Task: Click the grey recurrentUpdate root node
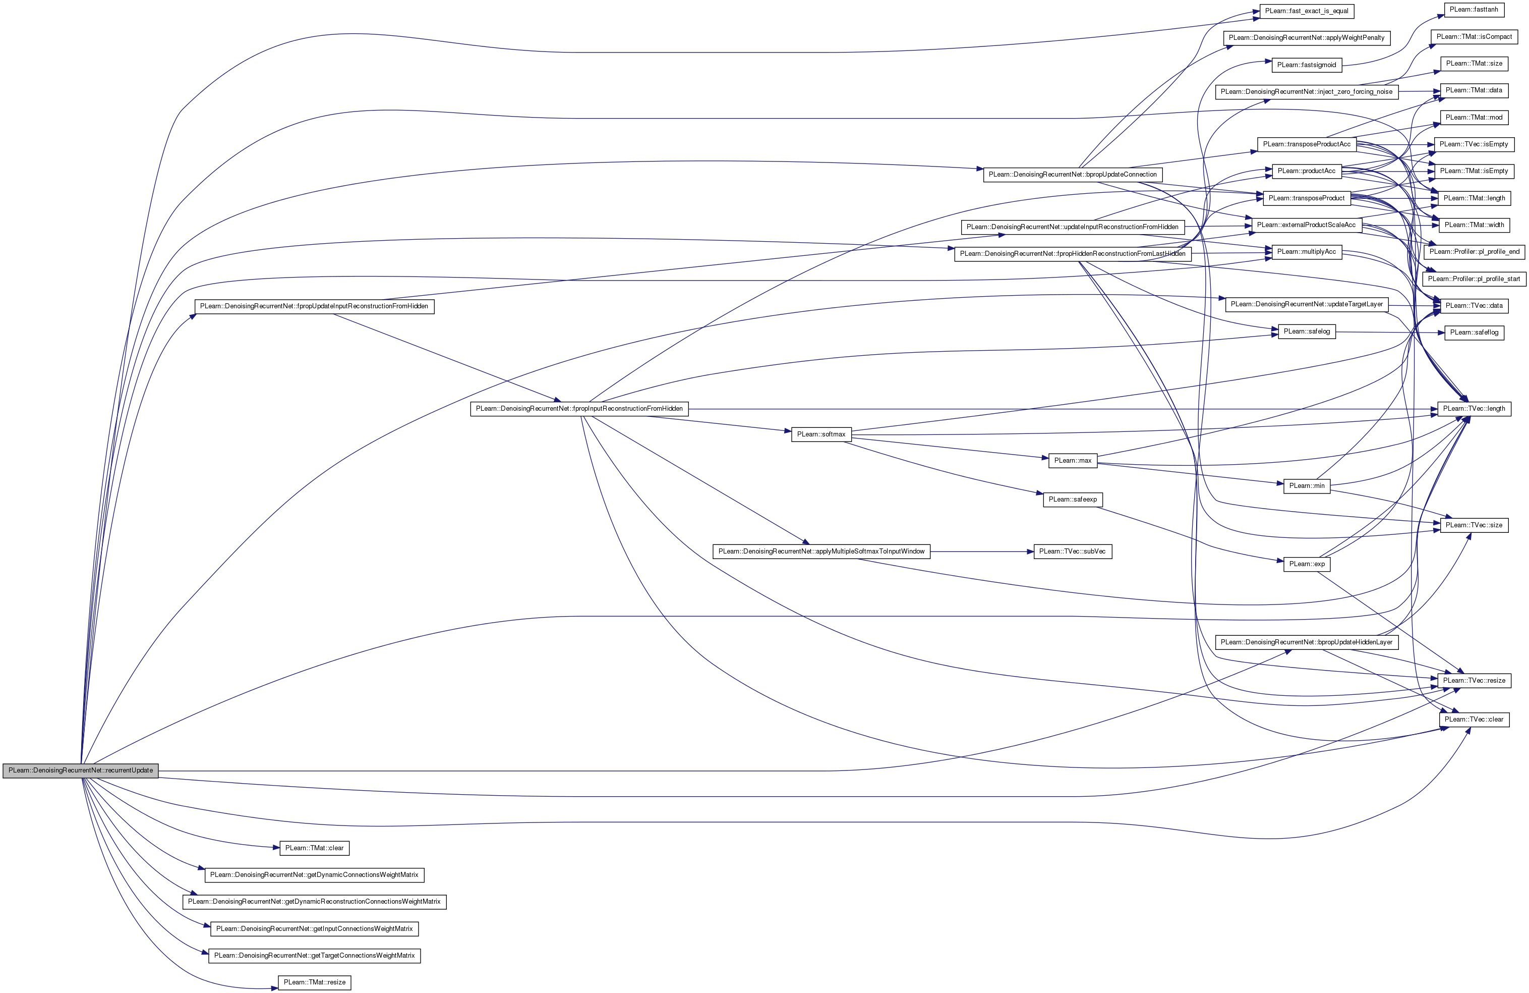pyautogui.click(x=80, y=770)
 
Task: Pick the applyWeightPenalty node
pyautogui.click(x=1306, y=38)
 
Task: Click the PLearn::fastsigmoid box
pyautogui.click(x=1306, y=65)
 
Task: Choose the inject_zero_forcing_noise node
pyautogui.click(x=1306, y=92)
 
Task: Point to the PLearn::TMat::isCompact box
pyautogui.click(x=1474, y=37)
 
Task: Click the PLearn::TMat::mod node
pyautogui.click(x=1474, y=118)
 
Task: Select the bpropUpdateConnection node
pyautogui.click(x=1072, y=174)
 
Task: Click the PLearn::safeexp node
pyautogui.click(x=1072, y=500)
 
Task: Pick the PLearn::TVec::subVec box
pyautogui.click(x=1072, y=551)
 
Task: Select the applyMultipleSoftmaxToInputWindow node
pyautogui.click(x=821, y=551)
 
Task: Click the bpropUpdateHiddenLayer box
pyautogui.click(x=1306, y=642)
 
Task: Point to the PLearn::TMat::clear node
pyautogui.click(x=314, y=848)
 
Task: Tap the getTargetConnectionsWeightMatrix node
pyautogui.click(x=314, y=955)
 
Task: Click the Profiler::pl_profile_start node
pyautogui.click(x=1474, y=279)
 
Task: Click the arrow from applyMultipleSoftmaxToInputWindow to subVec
pyautogui.click(x=982, y=551)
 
